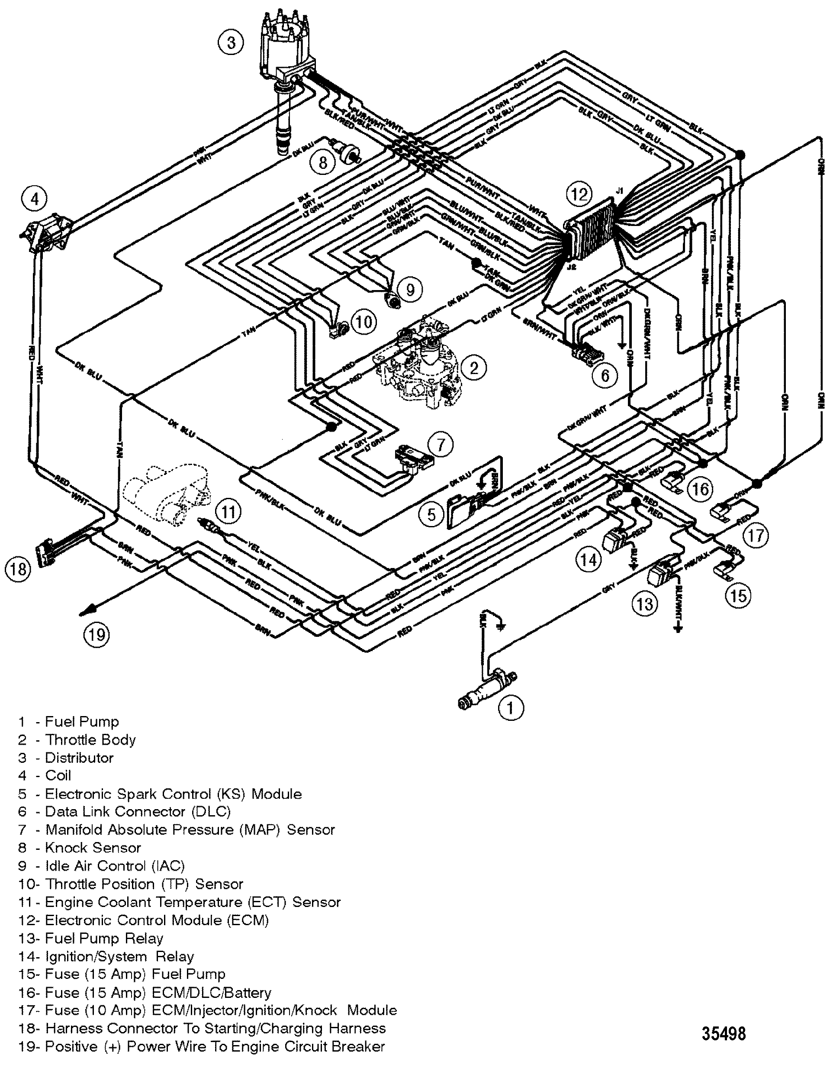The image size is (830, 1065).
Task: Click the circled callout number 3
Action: point(231,43)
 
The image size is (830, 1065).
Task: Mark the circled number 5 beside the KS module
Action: point(431,514)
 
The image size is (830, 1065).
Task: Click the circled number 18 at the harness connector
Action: point(18,568)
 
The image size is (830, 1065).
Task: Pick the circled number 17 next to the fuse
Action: point(756,536)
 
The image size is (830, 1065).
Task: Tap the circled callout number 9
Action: point(410,290)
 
